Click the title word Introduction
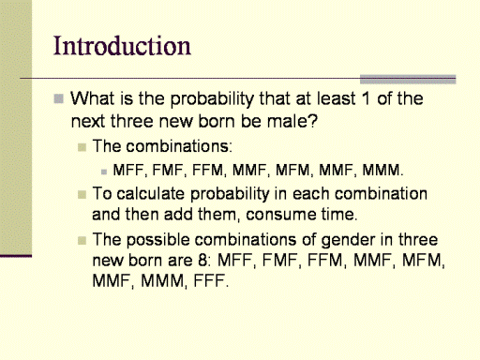122,46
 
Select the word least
337,98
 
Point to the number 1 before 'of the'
366,98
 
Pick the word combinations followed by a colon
179,146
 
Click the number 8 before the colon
202,261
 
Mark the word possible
158,240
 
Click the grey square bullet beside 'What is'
59,98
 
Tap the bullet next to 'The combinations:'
82,147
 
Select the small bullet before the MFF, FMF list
104,172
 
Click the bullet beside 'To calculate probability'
82,195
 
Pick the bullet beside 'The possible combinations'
82,241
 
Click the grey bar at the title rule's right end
408,80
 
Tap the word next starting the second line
88,121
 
